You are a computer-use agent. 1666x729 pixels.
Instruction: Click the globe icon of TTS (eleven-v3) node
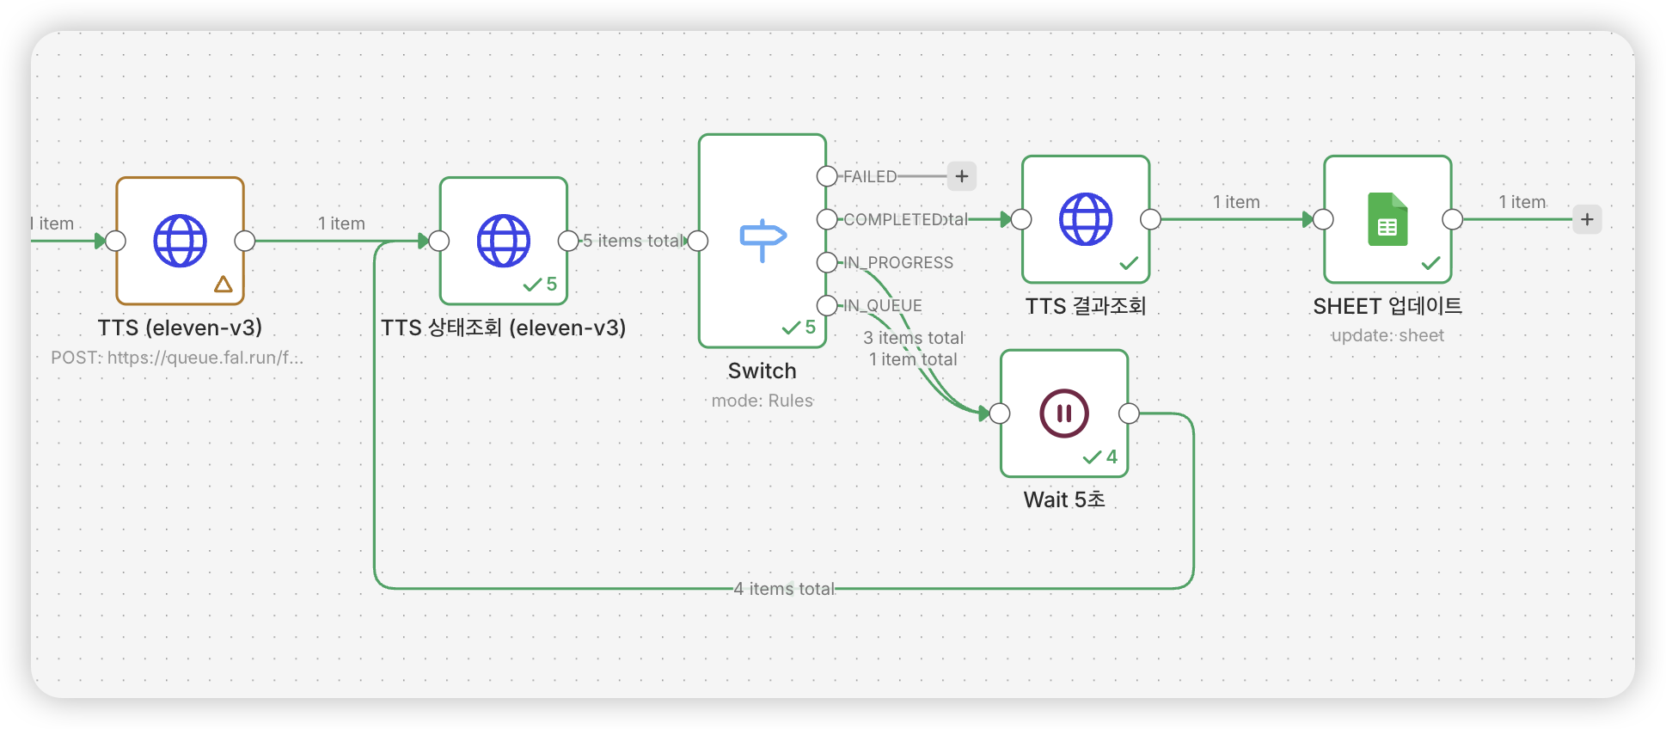[180, 241]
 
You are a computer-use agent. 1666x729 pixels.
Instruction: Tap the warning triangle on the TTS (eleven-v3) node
[224, 284]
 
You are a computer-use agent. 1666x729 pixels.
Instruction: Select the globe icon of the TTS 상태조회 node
[504, 241]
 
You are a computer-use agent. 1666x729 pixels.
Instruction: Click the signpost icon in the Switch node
[763, 240]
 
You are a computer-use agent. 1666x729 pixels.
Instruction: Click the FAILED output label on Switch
[870, 176]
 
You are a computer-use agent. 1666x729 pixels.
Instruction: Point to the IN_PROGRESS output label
[898, 262]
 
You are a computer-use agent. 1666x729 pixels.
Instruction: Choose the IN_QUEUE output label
[883, 305]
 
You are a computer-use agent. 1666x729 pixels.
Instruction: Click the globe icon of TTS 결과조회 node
[1086, 219]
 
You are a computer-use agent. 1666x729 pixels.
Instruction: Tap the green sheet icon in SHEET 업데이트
[1387, 219]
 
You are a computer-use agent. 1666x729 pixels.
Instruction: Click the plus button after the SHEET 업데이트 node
[1587, 219]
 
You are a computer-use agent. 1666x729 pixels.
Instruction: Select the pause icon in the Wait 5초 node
[1064, 414]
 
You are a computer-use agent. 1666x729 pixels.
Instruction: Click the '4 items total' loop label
[784, 589]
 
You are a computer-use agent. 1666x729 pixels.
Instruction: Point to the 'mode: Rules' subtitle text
[763, 401]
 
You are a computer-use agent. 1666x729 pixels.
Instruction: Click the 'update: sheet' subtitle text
[1387, 335]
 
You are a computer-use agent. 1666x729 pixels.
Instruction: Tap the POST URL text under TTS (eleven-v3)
[177, 358]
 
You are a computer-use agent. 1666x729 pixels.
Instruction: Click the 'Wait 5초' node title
[1064, 499]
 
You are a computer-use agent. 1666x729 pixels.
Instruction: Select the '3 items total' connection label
[914, 338]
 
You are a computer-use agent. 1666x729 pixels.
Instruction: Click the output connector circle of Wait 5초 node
[1129, 414]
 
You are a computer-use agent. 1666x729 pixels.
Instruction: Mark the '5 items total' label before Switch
[634, 241]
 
